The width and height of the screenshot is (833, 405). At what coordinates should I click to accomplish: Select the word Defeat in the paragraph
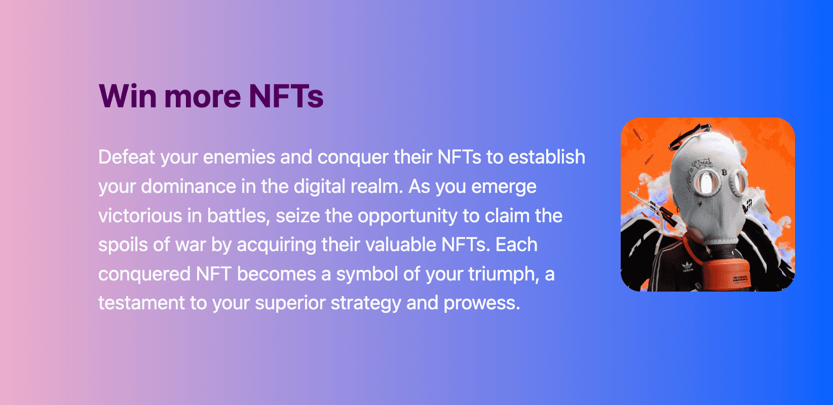[x=127, y=157]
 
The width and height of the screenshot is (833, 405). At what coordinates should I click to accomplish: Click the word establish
[x=547, y=157]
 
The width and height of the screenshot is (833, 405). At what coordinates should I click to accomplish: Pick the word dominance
[x=188, y=186]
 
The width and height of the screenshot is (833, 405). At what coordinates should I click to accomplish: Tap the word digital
[x=319, y=186]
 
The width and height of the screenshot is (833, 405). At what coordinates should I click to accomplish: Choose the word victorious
[x=140, y=216]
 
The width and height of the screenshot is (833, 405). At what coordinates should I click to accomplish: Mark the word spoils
[x=123, y=245]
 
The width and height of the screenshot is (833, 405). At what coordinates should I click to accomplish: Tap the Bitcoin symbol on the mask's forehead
[x=724, y=172]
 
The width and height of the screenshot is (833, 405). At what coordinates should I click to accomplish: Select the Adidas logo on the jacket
[x=688, y=267]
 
